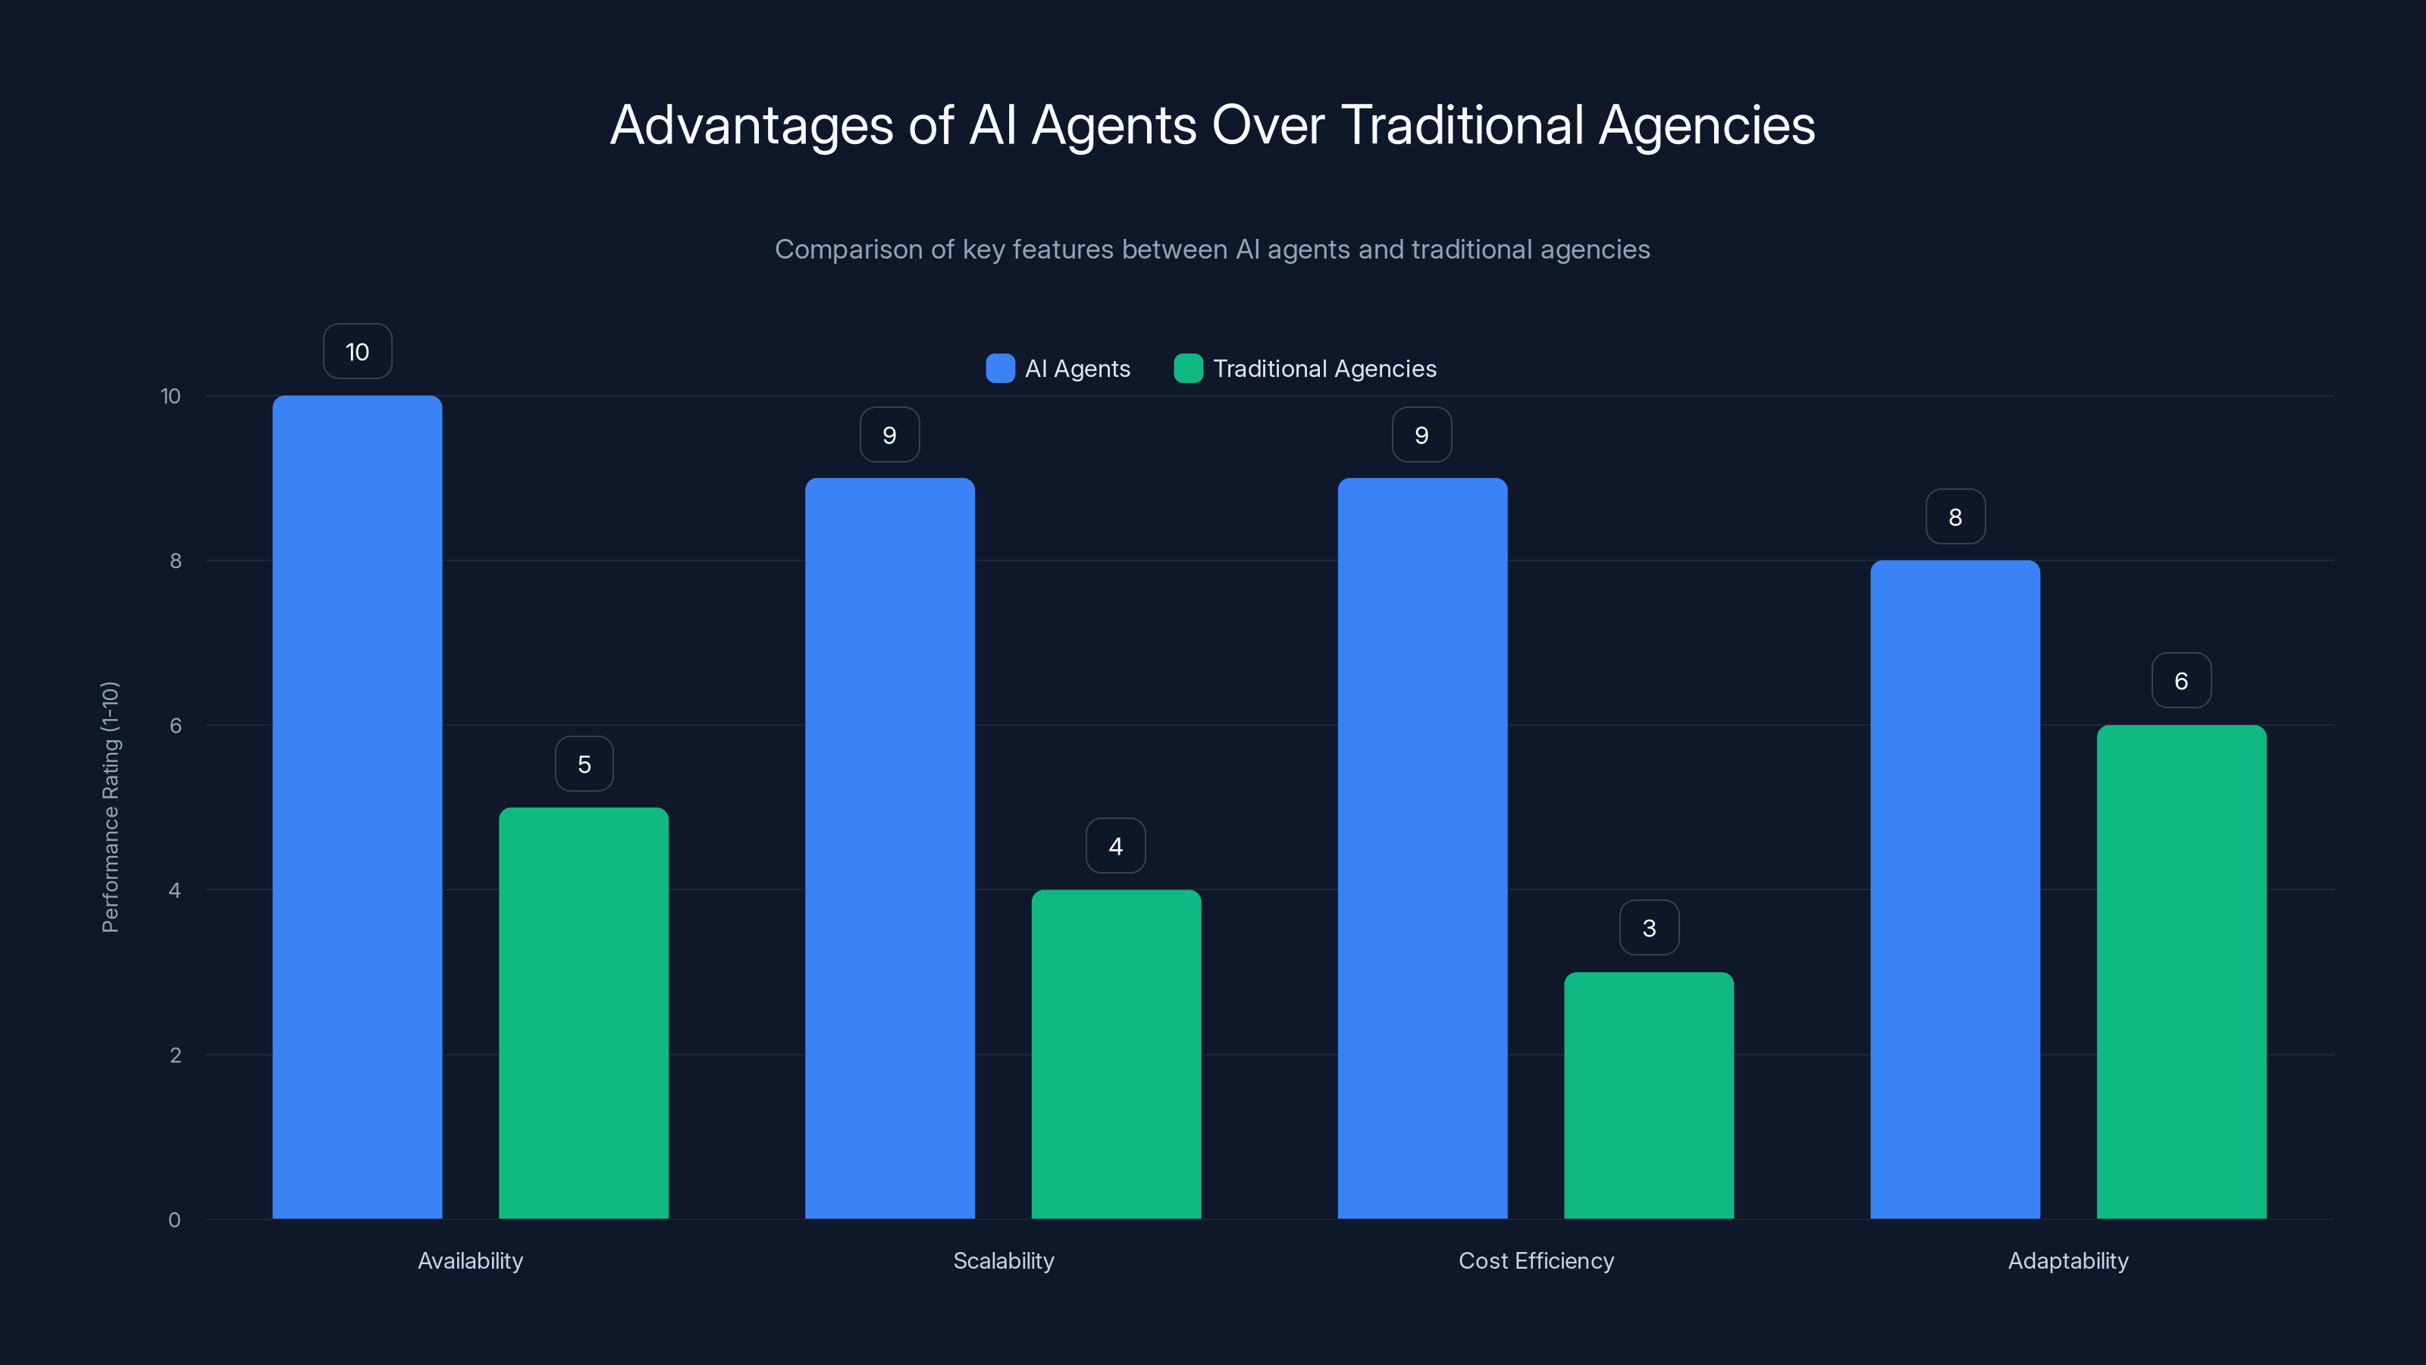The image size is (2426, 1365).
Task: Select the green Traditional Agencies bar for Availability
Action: click(583, 1012)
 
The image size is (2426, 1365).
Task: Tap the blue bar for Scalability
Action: click(889, 848)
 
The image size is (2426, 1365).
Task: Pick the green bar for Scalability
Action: click(1116, 1053)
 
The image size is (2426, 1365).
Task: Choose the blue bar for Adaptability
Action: click(1954, 890)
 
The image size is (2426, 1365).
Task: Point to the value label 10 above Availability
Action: click(357, 351)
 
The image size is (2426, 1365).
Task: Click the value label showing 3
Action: click(1648, 928)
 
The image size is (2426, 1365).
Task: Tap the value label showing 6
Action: click(2180, 680)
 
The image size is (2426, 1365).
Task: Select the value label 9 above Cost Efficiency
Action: click(1421, 435)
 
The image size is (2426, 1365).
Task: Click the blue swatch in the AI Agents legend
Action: click(999, 369)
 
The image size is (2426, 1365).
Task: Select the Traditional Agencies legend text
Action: click(1324, 369)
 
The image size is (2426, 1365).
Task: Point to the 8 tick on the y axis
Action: click(175, 560)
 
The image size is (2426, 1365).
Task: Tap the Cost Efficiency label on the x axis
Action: click(1535, 1260)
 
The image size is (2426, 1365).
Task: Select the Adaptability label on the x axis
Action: click(2067, 1260)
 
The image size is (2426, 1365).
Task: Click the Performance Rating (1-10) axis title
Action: click(110, 806)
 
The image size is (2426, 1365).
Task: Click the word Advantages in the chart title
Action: click(751, 125)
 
